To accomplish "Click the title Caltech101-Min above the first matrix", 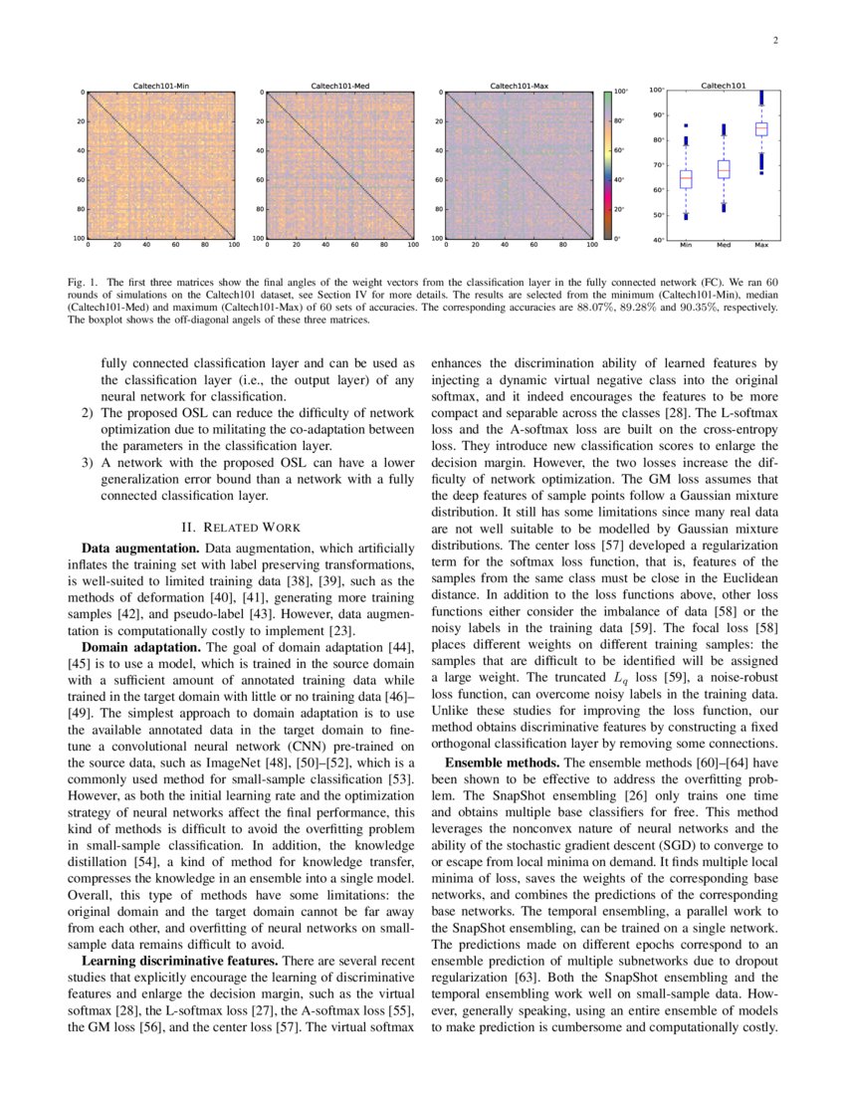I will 160,87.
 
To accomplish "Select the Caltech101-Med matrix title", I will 339,87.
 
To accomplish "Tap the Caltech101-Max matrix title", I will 519,87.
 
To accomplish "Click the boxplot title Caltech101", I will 724,86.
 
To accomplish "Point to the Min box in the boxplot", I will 686,179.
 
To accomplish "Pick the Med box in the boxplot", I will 724,169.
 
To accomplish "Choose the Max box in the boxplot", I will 761,128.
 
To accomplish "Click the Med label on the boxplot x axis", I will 724,245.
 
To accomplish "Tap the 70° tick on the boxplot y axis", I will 658,164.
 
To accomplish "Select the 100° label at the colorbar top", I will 622,92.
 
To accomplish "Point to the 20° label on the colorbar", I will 620,210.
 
